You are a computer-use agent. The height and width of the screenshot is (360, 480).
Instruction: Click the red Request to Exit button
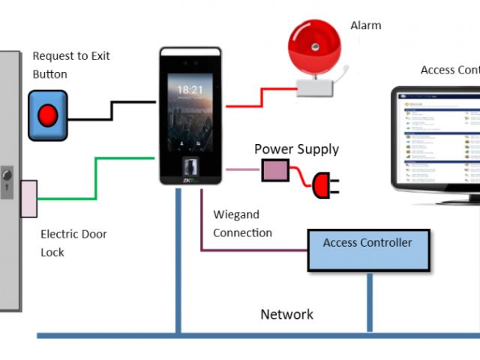point(48,115)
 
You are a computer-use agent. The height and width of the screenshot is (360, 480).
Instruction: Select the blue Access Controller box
point(368,250)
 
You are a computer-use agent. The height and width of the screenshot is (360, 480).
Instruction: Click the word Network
point(286,314)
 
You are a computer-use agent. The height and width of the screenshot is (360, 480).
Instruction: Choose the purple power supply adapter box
point(274,170)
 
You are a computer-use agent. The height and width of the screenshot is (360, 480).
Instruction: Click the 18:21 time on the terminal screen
point(190,89)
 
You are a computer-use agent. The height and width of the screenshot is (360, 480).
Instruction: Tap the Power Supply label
point(296,149)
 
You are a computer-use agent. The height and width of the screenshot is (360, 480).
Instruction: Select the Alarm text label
point(366,25)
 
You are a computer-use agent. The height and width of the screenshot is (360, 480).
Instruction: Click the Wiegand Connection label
point(242,224)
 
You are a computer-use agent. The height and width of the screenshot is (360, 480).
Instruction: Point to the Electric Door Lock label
point(73,243)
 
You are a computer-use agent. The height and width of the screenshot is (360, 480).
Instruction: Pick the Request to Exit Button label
point(71,65)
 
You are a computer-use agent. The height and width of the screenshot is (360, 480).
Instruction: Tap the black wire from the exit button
point(112,109)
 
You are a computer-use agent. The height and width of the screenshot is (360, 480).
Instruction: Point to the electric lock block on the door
point(28,199)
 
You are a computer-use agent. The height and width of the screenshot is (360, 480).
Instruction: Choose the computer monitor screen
point(439,140)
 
